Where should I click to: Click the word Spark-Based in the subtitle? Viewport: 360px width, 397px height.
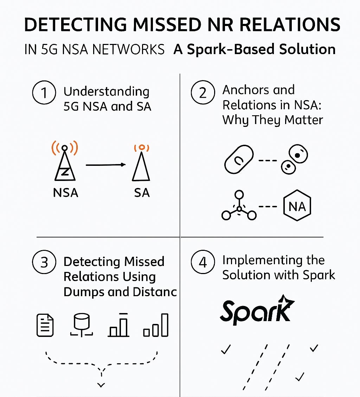pos(229,49)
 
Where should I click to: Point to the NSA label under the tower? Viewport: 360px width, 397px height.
pos(65,193)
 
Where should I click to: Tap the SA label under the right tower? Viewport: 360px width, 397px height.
pos(141,193)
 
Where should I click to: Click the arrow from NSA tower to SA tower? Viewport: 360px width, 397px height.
pos(105,164)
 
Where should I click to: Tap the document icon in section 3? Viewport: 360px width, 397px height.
pos(45,325)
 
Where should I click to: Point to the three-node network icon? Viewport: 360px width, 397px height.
pos(239,208)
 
